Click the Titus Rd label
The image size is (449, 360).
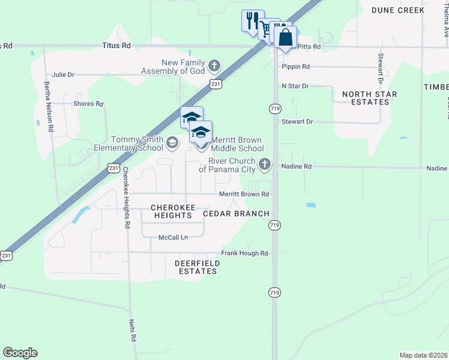[x=116, y=45]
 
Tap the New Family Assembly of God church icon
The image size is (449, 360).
[x=215, y=65]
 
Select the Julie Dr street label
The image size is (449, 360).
[x=63, y=75]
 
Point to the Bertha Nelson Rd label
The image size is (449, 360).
[x=49, y=108]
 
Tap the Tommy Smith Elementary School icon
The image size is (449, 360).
[x=172, y=142]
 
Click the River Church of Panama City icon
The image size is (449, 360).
[x=265, y=164]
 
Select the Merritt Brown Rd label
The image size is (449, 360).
[x=243, y=194]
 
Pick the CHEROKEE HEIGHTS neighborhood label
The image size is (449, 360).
[x=173, y=211]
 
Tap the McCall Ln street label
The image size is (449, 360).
[x=173, y=237]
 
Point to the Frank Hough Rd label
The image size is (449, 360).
[x=244, y=253]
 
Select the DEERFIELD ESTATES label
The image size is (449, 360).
[x=196, y=267]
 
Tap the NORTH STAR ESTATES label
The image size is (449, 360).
[x=366, y=98]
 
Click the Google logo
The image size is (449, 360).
[x=20, y=353]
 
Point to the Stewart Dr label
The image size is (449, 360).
[x=297, y=121]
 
